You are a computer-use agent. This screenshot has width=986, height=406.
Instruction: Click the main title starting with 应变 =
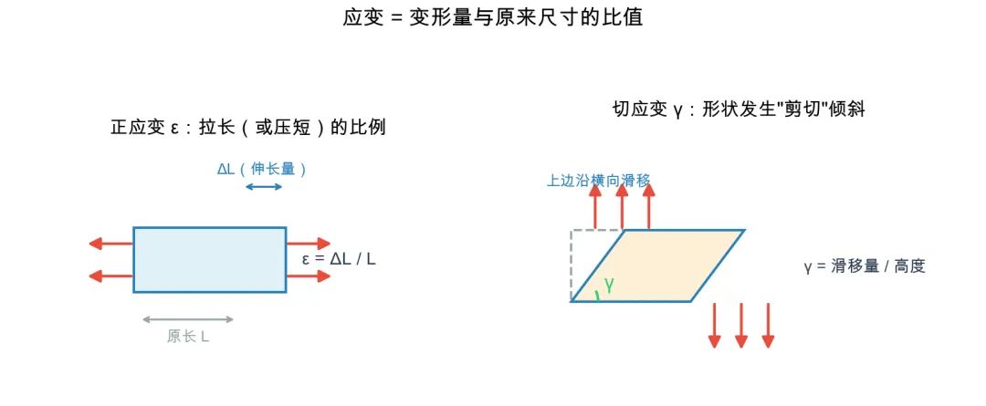(x=492, y=17)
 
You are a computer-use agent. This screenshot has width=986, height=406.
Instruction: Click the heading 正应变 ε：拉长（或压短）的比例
(x=247, y=128)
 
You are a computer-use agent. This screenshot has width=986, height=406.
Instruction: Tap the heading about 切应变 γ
(x=739, y=109)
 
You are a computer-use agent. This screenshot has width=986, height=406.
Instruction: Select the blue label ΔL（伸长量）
(x=262, y=169)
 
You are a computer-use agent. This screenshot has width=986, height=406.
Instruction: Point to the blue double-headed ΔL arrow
(x=264, y=187)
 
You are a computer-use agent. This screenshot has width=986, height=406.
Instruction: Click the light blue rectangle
(x=209, y=259)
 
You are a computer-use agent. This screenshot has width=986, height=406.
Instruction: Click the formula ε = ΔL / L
(x=339, y=259)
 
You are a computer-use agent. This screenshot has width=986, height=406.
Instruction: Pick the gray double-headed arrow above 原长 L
(x=188, y=319)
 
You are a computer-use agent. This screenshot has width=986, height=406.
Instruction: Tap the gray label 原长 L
(x=188, y=337)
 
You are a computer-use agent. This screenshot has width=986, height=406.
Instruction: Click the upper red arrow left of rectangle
(x=110, y=244)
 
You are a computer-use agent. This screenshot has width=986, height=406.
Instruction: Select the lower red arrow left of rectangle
(x=110, y=276)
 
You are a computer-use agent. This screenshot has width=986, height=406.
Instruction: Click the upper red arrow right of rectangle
(x=309, y=244)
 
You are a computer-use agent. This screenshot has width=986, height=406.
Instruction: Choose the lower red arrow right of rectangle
(x=309, y=276)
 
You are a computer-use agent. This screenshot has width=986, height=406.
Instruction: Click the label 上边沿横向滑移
(x=598, y=181)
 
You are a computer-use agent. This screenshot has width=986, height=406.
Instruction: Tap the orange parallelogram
(x=657, y=265)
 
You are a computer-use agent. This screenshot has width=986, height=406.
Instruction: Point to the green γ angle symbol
(x=609, y=285)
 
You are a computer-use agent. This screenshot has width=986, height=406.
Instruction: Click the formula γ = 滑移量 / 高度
(x=865, y=266)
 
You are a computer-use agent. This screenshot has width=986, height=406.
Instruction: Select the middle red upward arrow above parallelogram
(x=622, y=207)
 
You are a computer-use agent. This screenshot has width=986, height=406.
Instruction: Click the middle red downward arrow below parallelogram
(x=740, y=325)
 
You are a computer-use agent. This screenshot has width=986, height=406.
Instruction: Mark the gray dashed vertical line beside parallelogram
(x=571, y=265)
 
